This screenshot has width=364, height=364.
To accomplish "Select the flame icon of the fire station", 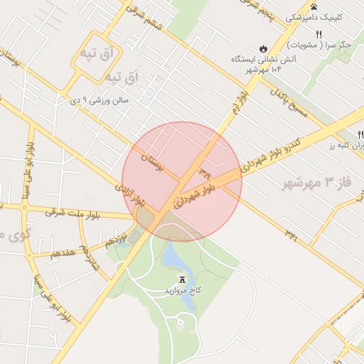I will pyautogui.click(x=264, y=48).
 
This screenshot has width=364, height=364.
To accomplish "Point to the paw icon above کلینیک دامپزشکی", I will pyautogui.click(x=314, y=6).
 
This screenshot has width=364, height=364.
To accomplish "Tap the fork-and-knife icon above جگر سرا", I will pyautogui.click(x=318, y=34).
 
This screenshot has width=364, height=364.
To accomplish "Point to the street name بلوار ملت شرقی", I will pyautogui.click(x=73, y=212).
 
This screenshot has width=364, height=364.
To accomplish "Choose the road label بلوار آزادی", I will pyautogui.click(x=129, y=196).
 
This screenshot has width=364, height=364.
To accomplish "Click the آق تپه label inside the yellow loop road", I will pyautogui.click(x=97, y=54).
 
